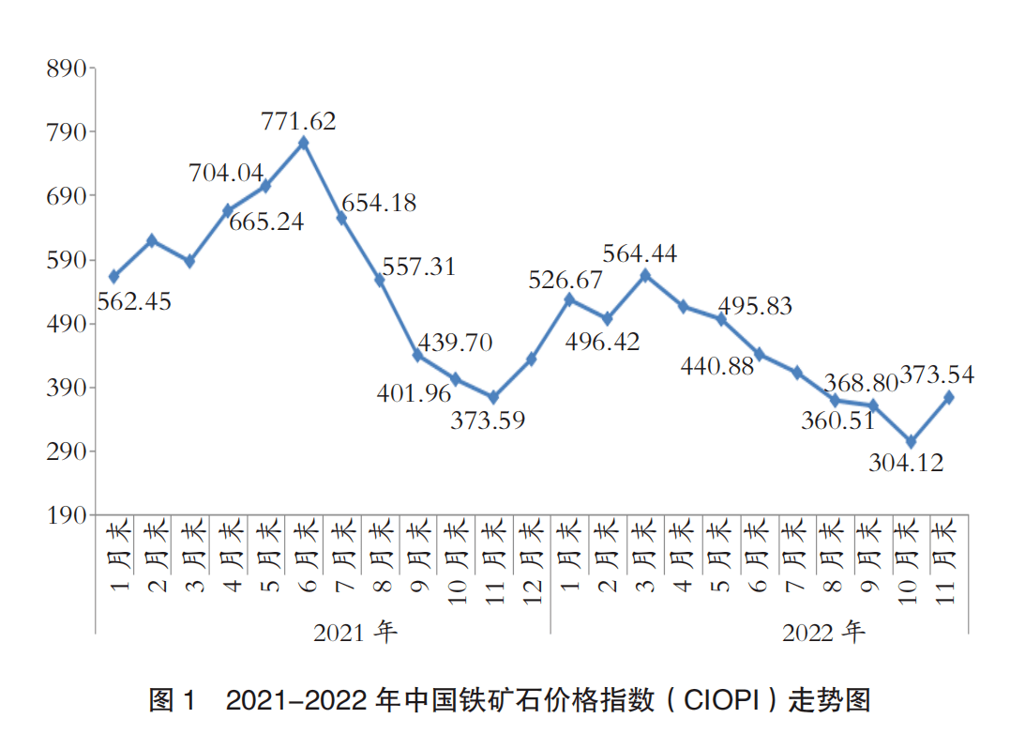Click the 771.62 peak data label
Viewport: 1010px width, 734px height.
[x=299, y=121]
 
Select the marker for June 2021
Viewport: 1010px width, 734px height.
[x=303, y=143]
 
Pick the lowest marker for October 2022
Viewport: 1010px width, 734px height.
[x=911, y=441]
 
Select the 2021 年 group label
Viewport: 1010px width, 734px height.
[x=355, y=632]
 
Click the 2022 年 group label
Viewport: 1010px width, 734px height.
[x=823, y=632]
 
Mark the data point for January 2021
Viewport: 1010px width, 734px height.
[x=113, y=276]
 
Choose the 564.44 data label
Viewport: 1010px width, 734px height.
[x=641, y=253]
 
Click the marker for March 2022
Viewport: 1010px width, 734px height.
[x=644, y=275]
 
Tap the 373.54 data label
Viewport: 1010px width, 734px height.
[x=937, y=375]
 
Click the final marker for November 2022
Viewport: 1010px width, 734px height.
[x=949, y=397]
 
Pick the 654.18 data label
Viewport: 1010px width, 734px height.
[x=379, y=203]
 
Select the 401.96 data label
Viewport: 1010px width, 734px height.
[x=414, y=393]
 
